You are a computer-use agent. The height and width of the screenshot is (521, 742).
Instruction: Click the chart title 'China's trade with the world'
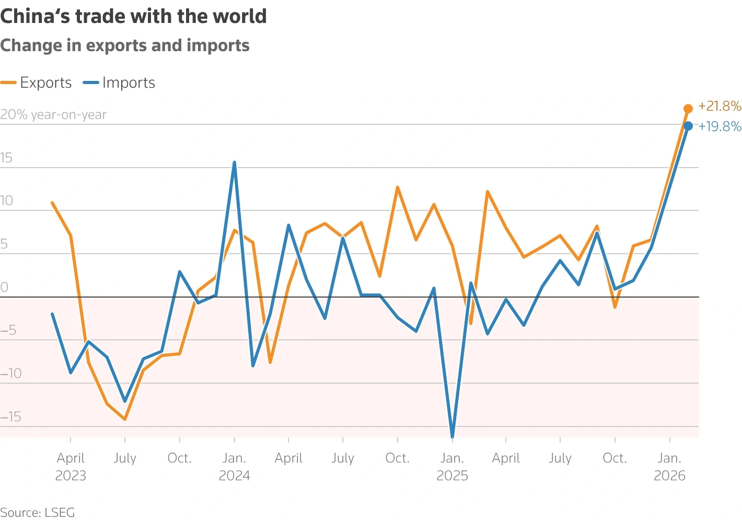[134, 17]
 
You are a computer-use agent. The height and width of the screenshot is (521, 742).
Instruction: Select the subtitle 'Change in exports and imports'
[125, 46]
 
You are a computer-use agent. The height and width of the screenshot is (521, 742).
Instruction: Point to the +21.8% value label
[720, 106]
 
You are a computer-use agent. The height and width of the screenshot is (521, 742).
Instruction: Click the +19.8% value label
[720, 126]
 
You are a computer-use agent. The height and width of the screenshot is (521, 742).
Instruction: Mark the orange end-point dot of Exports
[688, 109]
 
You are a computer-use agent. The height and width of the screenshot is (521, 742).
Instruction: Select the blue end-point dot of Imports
[688, 126]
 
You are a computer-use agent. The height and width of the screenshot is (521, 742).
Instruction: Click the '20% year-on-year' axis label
[53, 115]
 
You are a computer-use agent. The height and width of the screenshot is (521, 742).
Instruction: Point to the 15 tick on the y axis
[6, 158]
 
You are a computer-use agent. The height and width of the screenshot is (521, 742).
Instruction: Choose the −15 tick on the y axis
[10, 417]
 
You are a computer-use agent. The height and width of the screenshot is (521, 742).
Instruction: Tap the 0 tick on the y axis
[4, 287]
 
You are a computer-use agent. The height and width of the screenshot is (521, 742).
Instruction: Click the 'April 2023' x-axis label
[71, 467]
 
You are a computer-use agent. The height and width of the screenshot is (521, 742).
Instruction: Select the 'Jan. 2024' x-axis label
[234, 467]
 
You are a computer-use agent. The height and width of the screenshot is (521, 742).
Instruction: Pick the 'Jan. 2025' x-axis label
[452, 467]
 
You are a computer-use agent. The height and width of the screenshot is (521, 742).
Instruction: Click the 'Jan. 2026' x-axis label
[669, 467]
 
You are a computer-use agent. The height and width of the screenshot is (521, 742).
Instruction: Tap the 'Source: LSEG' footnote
[38, 512]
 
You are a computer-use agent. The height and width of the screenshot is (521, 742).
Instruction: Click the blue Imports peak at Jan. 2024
[234, 162]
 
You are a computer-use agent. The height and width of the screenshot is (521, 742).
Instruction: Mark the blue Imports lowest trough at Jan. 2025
[452, 436]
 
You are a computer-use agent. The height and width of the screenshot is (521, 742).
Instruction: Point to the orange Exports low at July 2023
[125, 419]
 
